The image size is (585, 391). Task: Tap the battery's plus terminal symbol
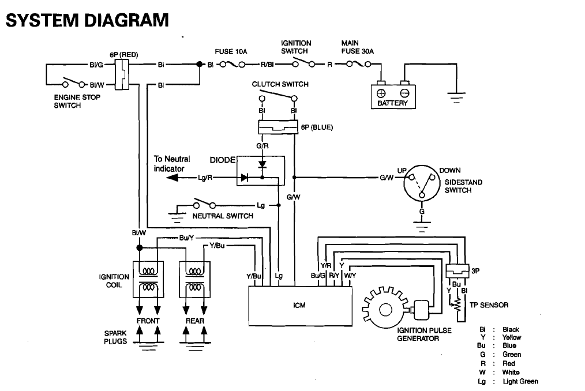point(381,93)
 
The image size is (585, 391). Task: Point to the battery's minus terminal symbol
point(405,93)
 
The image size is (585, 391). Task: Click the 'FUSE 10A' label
point(231,51)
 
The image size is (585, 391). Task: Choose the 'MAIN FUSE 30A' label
point(358,47)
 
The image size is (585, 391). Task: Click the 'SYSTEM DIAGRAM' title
point(87,20)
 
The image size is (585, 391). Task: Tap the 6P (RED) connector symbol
point(122,74)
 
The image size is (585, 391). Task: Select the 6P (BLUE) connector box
point(278,127)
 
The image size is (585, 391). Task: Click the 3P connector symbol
point(457,271)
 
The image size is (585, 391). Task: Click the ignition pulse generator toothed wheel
point(385,309)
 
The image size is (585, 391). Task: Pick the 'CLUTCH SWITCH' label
point(280,84)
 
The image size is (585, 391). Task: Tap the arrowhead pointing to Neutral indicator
point(172,178)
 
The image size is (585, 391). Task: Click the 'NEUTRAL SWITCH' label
point(223,216)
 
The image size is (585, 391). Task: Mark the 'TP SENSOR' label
point(489,305)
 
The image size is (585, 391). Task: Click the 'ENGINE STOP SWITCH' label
point(77,101)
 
